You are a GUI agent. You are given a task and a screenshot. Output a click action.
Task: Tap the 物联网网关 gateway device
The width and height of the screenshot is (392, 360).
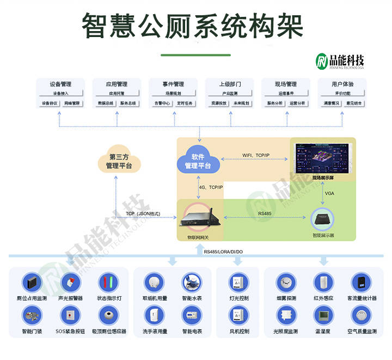[198, 218]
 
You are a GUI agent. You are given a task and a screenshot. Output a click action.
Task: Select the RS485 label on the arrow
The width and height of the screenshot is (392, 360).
[265, 213]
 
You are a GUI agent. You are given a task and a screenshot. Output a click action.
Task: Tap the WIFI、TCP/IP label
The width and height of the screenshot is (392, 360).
[255, 156]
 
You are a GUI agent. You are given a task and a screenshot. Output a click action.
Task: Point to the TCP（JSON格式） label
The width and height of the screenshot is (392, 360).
[143, 213]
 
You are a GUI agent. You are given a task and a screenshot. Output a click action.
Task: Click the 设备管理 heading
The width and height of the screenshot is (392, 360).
[60, 84]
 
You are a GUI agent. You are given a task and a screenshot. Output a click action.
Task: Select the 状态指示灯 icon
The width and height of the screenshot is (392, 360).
[108, 282]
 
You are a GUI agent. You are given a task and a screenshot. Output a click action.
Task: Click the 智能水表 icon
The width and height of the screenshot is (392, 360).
[191, 282]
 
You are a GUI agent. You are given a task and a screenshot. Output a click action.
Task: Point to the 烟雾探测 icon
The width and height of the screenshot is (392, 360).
[285, 282]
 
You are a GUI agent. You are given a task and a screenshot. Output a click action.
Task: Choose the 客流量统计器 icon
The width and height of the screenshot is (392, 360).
[361, 282]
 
